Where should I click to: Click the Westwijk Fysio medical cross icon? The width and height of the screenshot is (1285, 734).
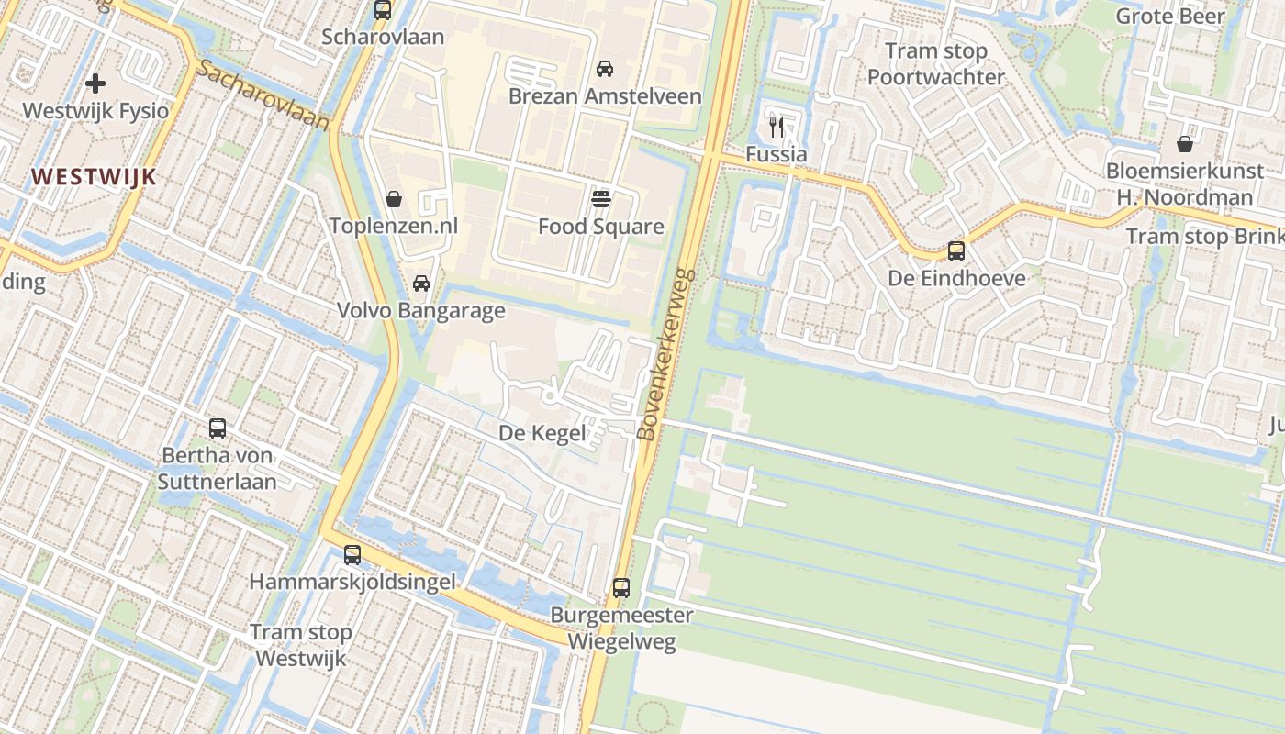coord(95,84)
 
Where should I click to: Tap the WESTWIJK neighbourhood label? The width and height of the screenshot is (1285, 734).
coord(94,177)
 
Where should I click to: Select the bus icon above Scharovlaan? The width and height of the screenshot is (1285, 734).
coord(383,11)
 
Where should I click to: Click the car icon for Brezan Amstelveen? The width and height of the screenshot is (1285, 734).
coord(605,69)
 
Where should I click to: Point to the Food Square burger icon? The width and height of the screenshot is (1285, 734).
coord(601,199)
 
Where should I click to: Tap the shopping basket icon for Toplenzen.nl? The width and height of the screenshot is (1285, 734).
coord(394,199)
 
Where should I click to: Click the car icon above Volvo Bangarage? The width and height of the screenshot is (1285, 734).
coord(421,284)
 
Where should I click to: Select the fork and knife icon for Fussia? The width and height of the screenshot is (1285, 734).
coord(777,127)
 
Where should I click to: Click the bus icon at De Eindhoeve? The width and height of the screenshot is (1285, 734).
coord(956,251)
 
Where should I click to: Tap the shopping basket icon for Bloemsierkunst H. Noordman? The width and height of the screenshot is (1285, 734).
coord(1185,144)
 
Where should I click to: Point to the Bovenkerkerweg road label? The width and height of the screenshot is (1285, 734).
coord(666,354)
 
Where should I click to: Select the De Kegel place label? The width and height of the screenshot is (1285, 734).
coord(542,433)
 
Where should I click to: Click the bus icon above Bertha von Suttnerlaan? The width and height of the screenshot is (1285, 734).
coord(218,428)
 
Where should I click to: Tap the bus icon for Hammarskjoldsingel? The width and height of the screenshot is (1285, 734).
coord(352,555)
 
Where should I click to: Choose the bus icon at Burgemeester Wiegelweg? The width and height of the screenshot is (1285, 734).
coord(621,588)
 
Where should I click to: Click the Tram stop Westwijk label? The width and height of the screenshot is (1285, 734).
coord(301,645)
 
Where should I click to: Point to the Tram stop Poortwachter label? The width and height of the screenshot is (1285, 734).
coord(936,64)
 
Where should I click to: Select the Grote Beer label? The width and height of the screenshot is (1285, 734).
coord(1169,16)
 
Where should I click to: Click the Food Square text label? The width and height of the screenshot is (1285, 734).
coord(600,227)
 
